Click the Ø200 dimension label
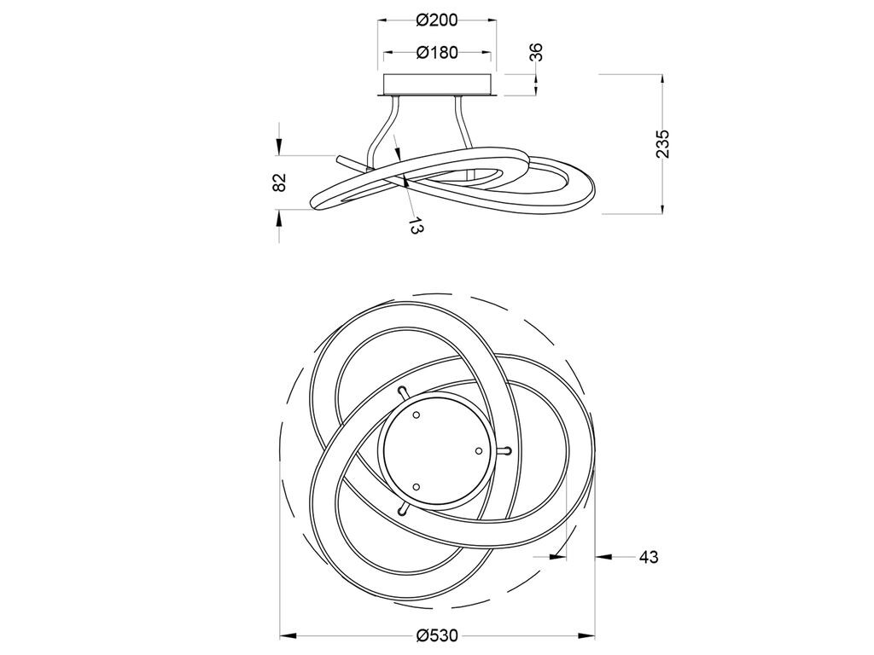(x=437, y=20)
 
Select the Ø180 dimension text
(x=437, y=52)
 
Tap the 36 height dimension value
(x=535, y=52)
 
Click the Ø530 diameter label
(x=437, y=635)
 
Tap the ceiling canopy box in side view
(x=438, y=84)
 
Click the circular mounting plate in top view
(x=435, y=450)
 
